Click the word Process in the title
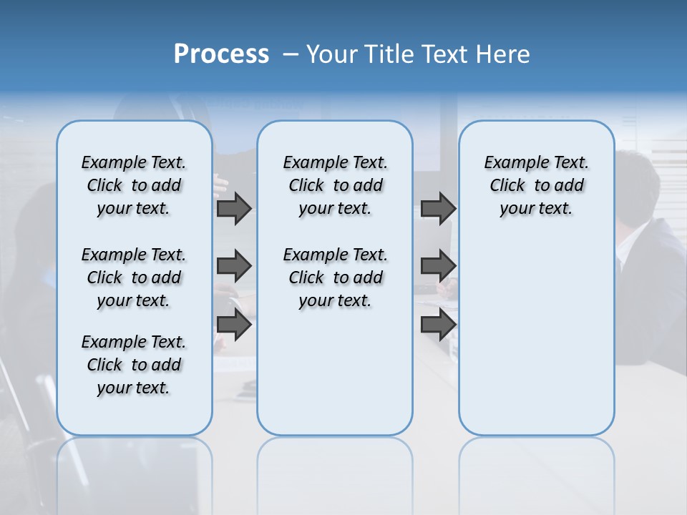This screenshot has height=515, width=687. coord(221,54)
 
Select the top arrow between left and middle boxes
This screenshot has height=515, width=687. coord(233,208)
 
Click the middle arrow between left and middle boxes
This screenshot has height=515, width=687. coord(233,266)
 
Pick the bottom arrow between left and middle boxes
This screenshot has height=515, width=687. coord(233,324)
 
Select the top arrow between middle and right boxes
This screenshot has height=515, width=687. coord(438,208)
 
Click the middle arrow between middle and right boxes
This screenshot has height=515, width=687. coord(438,266)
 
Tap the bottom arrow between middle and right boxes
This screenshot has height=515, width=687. coord(438,324)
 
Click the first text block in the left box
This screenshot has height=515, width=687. coord(134,185)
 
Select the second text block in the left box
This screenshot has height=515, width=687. coord(134,278)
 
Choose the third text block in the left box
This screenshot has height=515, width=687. coord(134,365)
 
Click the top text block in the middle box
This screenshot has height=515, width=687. coord(335,185)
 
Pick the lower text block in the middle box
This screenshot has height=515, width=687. coord(335,278)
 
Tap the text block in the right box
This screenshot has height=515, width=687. coord(536,185)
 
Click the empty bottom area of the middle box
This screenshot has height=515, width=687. coord(335,379)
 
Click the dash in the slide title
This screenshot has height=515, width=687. coord(291,54)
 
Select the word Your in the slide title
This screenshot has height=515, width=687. coord(331,54)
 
